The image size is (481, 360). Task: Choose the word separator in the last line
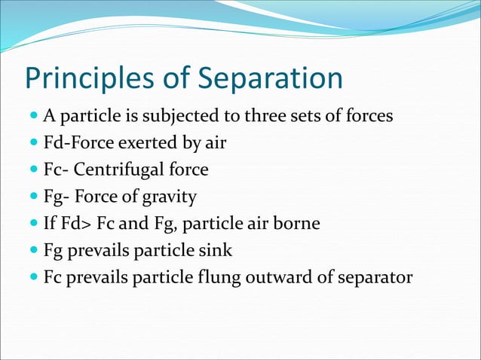[x=375, y=277]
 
